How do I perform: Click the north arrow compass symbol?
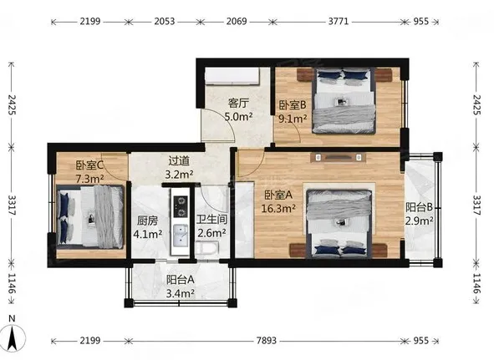13,337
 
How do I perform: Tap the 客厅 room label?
238,104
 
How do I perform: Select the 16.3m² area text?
278,209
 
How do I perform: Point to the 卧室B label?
293,105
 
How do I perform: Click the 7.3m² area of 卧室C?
89,179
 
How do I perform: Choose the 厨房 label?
147,221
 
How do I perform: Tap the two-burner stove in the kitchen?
181,206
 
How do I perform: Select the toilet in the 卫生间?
207,248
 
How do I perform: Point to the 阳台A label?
181,280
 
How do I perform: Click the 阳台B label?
419,207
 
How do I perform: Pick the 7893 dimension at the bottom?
267,341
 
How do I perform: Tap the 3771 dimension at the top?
339,21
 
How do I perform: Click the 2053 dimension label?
165,21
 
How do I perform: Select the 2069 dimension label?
237,21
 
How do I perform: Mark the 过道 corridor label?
179,161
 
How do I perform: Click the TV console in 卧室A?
338,157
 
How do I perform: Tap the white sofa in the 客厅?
232,77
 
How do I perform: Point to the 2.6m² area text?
211,233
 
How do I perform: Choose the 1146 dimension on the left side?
12,283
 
